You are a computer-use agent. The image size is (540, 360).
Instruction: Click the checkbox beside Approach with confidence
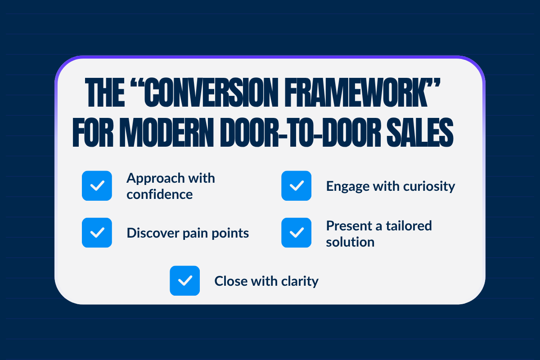tap(97, 186)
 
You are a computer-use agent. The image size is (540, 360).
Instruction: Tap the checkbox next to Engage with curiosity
tap(296, 186)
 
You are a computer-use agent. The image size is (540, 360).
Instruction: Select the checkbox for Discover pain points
tap(97, 233)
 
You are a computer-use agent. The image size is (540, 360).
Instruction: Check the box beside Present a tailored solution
tap(296, 233)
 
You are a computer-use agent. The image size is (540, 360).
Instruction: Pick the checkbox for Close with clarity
tap(184, 281)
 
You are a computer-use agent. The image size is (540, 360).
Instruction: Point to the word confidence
tap(159, 194)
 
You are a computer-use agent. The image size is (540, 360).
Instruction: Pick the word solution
tap(350, 242)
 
